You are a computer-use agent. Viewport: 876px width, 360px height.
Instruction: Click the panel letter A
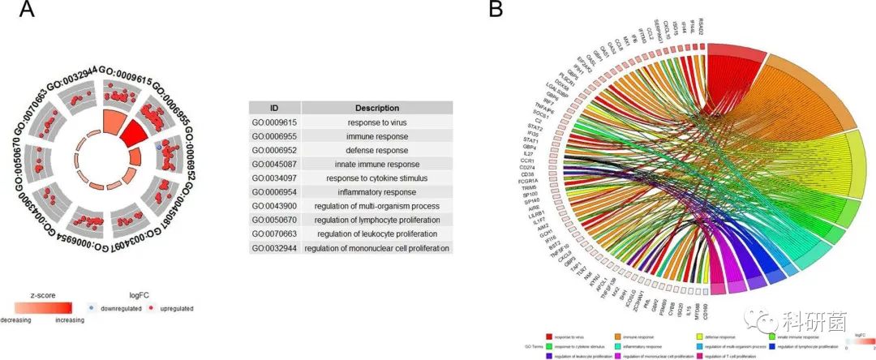pos(27,11)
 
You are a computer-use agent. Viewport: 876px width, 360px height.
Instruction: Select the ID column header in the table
pos(274,108)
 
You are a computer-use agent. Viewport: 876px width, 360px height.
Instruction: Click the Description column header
pos(377,108)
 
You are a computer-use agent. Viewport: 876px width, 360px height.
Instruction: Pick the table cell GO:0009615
pos(274,122)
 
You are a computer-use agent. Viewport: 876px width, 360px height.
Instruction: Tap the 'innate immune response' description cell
pos(377,164)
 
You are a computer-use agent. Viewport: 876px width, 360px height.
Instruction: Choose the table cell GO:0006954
pos(274,192)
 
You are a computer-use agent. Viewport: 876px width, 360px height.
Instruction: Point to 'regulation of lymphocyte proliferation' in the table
pos(377,220)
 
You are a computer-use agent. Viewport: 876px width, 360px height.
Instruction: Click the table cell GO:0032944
pos(274,248)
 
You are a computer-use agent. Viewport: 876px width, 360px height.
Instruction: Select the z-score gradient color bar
pos(43,307)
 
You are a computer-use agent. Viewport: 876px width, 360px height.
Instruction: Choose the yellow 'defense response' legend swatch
pos(701,336)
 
